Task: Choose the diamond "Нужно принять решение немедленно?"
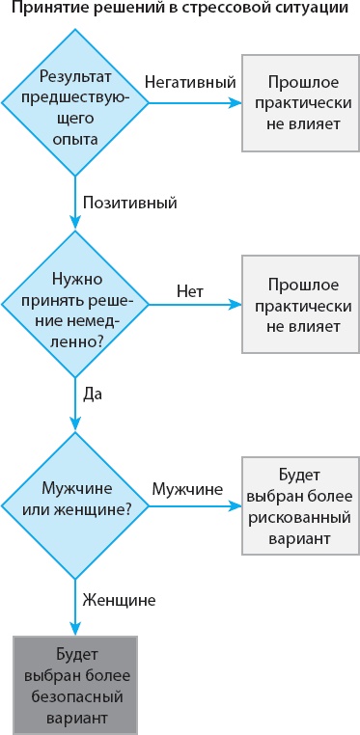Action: tap(75, 304)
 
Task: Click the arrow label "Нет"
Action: tap(189, 290)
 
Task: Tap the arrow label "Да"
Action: tap(93, 394)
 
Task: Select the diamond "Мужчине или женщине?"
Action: tap(75, 504)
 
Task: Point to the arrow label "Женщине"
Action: tap(120, 599)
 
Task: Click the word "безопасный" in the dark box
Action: tap(75, 696)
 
